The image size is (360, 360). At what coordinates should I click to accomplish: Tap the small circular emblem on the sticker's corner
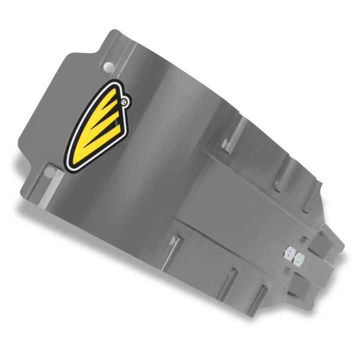tap(124, 102)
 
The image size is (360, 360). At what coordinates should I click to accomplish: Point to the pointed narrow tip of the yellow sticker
tap(69, 162)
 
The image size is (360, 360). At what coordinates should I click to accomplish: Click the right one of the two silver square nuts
tap(299, 258)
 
